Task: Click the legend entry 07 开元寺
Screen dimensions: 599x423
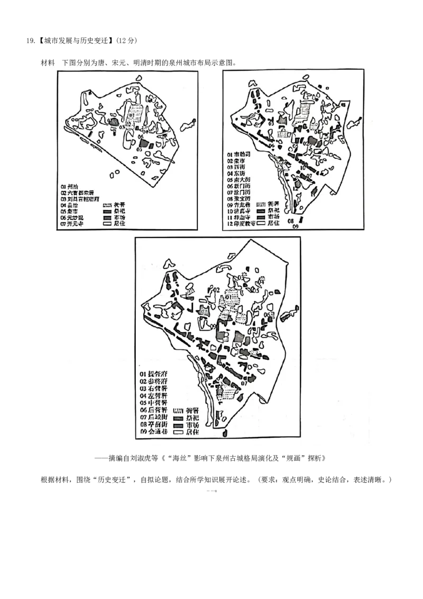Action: (73, 224)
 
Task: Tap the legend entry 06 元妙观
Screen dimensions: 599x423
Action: (73, 218)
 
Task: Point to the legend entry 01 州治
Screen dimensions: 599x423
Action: (70, 186)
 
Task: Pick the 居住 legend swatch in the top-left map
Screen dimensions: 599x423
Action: (107, 224)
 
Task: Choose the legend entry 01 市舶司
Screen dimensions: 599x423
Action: (240, 153)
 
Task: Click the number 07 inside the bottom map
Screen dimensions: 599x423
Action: (244, 383)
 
